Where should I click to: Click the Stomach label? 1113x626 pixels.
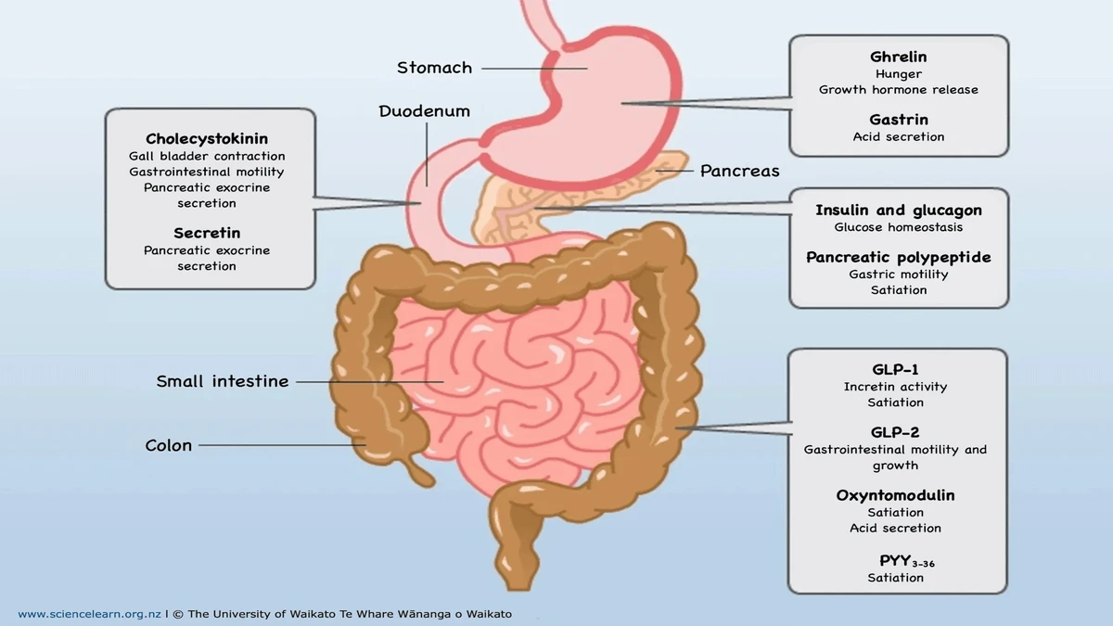[x=434, y=68]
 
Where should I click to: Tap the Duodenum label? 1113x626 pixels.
[x=424, y=111]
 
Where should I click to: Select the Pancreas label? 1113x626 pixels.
[x=739, y=171]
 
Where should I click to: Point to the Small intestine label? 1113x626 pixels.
[x=223, y=381]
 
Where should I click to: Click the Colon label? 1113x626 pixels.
[x=169, y=445]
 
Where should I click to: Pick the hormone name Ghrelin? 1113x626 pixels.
[x=898, y=57]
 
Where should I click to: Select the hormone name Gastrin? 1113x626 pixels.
[x=898, y=120]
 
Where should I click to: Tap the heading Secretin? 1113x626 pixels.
[x=207, y=233]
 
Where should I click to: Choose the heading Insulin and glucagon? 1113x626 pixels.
[x=898, y=211]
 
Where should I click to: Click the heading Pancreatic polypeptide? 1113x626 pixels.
[x=898, y=257]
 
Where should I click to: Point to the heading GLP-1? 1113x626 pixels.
[x=895, y=369]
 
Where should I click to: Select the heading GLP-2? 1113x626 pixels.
[x=895, y=432]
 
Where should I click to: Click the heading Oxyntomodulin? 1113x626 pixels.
[x=895, y=495]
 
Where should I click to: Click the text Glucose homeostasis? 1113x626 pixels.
[x=898, y=227]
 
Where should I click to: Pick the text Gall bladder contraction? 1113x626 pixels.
[x=207, y=156]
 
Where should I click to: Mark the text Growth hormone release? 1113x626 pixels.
[x=898, y=90]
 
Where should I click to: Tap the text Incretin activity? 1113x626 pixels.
[x=895, y=387]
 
